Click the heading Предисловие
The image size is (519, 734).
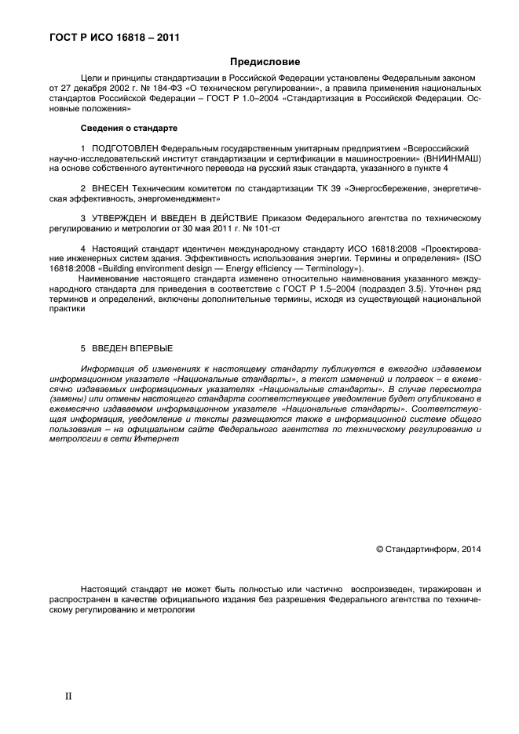[x=265, y=61]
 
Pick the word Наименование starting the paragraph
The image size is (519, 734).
[x=111, y=278]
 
